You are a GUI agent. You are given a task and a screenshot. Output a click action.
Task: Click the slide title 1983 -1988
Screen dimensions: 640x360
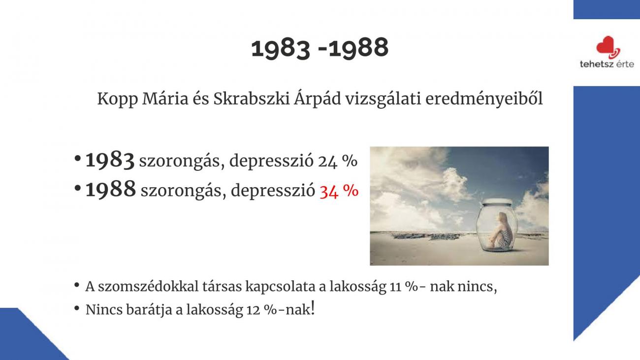coord(320,48)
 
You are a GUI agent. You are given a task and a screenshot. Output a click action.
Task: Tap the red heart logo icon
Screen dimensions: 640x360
coord(608,47)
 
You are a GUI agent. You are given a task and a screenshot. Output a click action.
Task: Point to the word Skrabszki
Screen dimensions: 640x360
coord(252,98)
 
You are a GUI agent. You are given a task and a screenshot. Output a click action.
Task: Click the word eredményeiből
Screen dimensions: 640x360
coord(484,98)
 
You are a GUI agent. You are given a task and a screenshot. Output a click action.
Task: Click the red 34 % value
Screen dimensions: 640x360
coord(339,191)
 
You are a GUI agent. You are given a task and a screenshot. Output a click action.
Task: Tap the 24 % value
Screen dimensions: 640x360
coord(337,161)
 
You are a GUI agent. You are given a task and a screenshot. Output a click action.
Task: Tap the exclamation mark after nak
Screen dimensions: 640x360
coord(313,307)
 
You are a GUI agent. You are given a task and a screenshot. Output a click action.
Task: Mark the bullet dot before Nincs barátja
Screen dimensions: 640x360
coord(76,308)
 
